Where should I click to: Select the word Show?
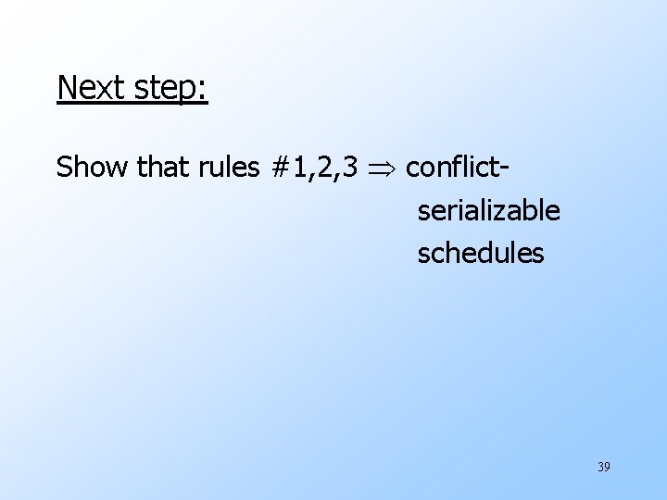[92, 168]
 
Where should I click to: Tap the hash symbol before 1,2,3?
[281, 168]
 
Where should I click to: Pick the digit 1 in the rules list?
[299, 168]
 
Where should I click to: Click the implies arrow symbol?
[381, 169]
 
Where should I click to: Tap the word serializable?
[488, 211]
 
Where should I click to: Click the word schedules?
[481, 253]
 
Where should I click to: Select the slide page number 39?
[604, 467]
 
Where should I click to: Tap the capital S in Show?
[64, 168]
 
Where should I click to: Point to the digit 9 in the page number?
[608, 467]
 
